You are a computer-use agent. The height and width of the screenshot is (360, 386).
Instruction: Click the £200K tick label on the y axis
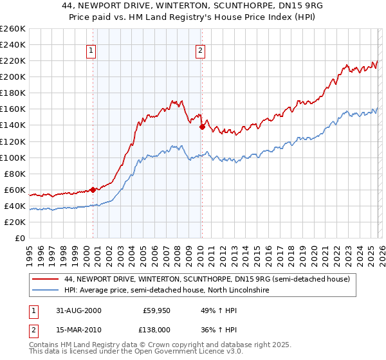click(x=12, y=76)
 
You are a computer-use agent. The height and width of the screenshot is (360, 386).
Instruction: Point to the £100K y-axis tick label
click(x=12, y=157)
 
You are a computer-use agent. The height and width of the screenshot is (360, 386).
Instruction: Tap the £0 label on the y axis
click(x=20, y=238)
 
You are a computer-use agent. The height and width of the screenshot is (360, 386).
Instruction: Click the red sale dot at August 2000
click(x=93, y=190)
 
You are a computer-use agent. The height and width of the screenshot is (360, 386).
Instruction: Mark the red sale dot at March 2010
click(x=202, y=127)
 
